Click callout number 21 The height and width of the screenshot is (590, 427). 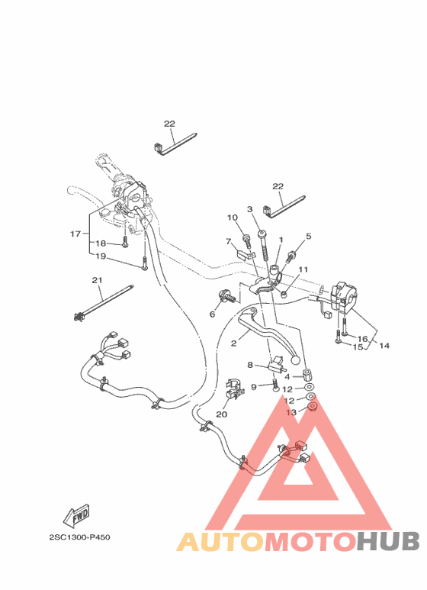pyautogui.click(x=97, y=280)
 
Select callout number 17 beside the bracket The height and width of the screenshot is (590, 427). pyautogui.click(x=75, y=234)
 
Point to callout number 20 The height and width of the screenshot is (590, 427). pyautogui.click(x=222, y=414)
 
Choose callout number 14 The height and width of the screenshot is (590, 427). pyautogui.click(x=384, y=346)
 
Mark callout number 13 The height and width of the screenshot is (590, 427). pyautogui.click(x=290, y=413)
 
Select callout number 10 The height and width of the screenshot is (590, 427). pyautogui.click(x=233, y=218)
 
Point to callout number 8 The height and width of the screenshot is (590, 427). pyautogui.click(x=249, y=366)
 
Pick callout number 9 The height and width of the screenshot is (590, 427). pyautogui.click(x=255, y=387)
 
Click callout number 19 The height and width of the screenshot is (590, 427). pyautogui.click(x=101, y=256)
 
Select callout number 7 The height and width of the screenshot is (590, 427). pyautogui.click(x=228, y=241)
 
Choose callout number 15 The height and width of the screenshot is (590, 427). pyautogui.click(x=358, y=347)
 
